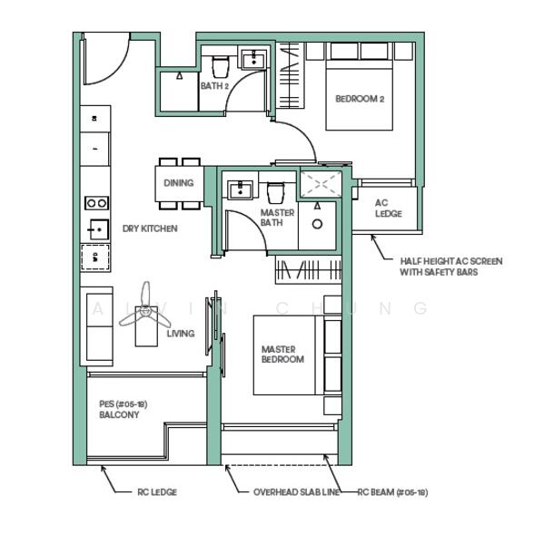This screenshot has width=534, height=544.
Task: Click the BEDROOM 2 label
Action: pos(360,99)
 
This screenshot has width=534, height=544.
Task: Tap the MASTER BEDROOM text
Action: pos(282,355)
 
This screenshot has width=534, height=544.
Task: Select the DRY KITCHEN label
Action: pos(150,228)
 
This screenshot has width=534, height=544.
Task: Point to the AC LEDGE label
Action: pos(388,209)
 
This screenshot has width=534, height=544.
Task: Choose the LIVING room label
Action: pos(180,334)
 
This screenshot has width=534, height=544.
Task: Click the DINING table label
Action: pos(178,183)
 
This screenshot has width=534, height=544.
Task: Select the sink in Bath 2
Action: pos(252,60)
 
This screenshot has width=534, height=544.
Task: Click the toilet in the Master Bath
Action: pos(276,191)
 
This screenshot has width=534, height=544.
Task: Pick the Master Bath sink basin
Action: pos(241,190)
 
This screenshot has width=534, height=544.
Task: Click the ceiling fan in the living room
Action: pos(145,310)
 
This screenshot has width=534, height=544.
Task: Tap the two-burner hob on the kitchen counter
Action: pos(96,203)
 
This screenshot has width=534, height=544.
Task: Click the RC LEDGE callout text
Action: pos(157,492)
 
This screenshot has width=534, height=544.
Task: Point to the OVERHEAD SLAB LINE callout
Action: pos(296,492)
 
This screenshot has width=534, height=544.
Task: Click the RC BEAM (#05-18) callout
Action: pos(391,492)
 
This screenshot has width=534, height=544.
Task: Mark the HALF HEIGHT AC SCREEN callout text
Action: pos(450,267)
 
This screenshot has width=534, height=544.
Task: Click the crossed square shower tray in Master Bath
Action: pos(320,184)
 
